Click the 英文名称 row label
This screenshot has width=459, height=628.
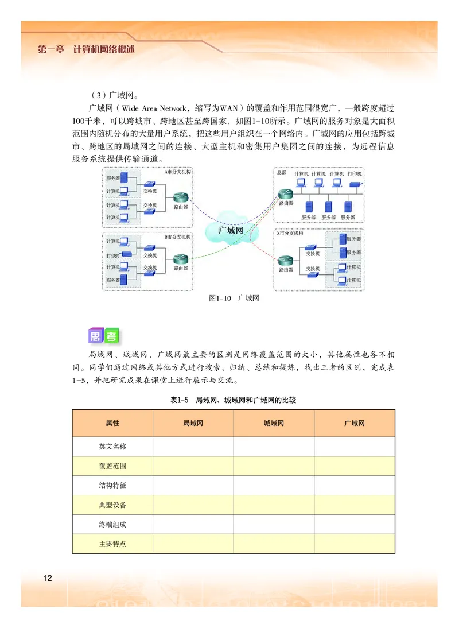pos(112,446)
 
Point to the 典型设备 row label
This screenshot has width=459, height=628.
pos(112,505)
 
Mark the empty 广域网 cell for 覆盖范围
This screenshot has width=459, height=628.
pos(354,466)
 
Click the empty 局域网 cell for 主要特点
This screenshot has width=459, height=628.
pos(193,544)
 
